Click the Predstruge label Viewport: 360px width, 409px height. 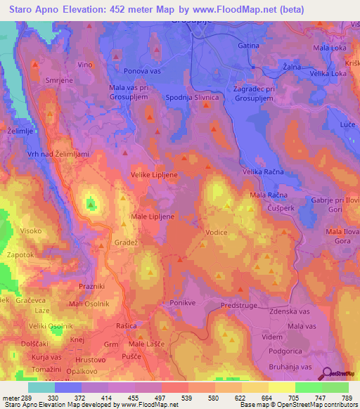pyautogui.click(x=240, y=306)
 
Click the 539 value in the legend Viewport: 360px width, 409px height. pyautogui.click(x=174, y=397)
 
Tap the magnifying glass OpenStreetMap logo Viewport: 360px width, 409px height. pyautogui.click(x=327, y=375)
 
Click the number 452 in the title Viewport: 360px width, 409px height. pyautogui.click(x=142, y=10)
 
